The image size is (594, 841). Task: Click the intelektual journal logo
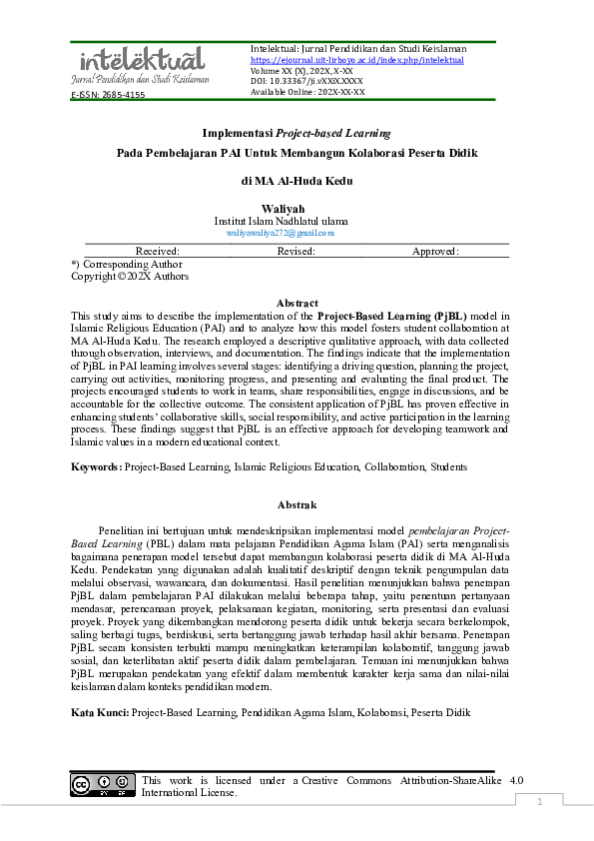pyautogui.click(x=140, y=64)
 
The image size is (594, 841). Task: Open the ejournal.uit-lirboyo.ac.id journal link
pyautogui.click(x=356, y=60)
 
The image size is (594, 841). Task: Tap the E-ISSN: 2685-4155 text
pyautogui.click(x=108, y=95)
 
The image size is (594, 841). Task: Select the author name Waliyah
pyautogui.click(x=297, y=208)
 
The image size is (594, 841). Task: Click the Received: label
pyautogui.click(x=158, y=252)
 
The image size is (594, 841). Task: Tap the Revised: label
pyautogui.click(x=297, y=252)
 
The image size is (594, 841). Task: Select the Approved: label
pyautogui.click(x=435, y=252)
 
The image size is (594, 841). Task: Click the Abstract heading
pyautogui.click(x=297, y=303)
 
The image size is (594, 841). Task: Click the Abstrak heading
pyautogui.click(x=297, y=505)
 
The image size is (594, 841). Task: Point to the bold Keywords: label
pyautogui.click(x=97, y=466)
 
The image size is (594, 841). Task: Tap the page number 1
pyautogui.click(x=540, y=802)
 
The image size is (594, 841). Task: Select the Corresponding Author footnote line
pyautogui.click(x=127, y=265)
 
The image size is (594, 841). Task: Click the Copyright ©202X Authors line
pyautogui.click(x=129, y=277)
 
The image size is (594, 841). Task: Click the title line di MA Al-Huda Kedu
pyautogui.click(x=297, y=181)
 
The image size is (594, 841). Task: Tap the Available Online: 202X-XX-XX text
pyautogui.click(x=307, y=91)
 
